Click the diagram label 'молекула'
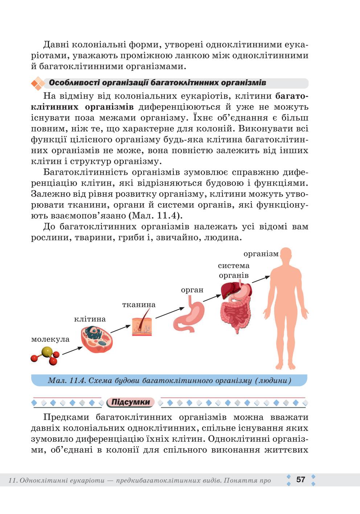[x=50, y=340]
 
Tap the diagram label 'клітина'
[x=90, y=319]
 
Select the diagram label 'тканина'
[x=139, y=305]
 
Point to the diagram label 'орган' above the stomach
[x=192, y=290]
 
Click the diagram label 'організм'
[x=261, y=254]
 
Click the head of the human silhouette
[x=286, y=256]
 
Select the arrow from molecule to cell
[x=72, y=351]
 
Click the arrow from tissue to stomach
[x=170, y=313]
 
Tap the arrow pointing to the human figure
[x=261, y=279]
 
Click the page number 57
[x=300, y=480]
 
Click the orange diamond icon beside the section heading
[x=38, y=83]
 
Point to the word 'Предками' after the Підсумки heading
[x=66, y=417]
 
